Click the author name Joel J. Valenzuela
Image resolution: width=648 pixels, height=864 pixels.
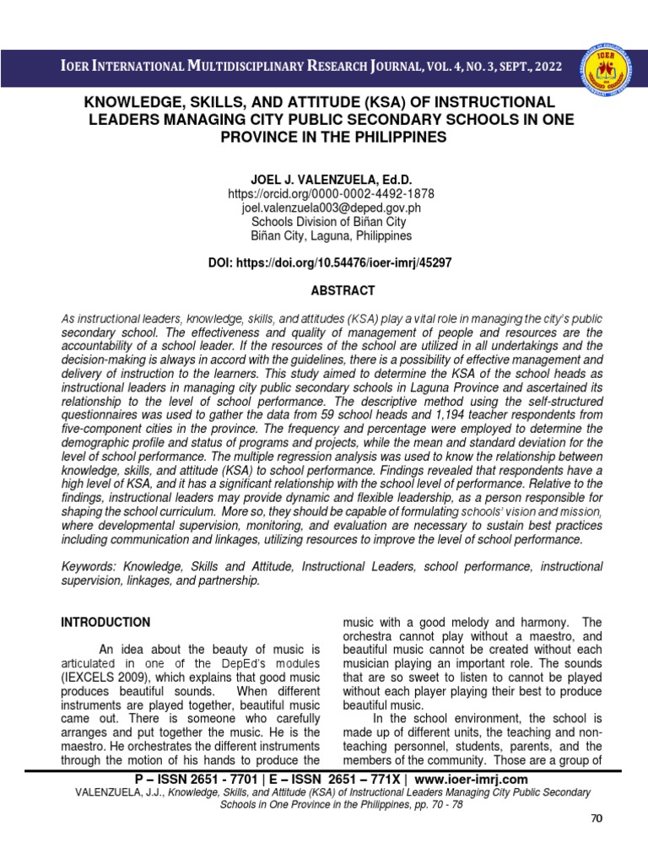pos(324,178)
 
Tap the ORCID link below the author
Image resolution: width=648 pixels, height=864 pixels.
pos(324,194)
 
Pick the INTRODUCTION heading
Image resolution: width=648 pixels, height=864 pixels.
pos(105,623)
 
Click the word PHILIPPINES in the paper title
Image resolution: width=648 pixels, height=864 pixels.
pos(399,137)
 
